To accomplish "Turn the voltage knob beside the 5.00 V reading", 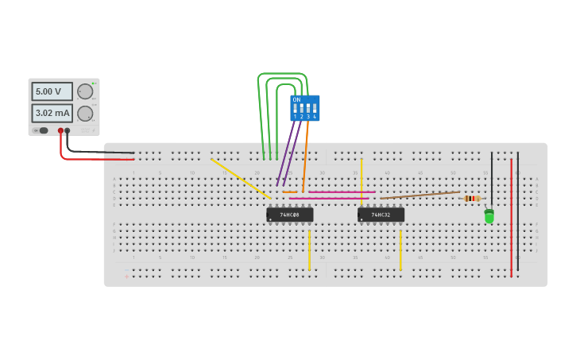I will (x=85, y=91).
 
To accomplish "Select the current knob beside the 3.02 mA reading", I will (x=85, y=113).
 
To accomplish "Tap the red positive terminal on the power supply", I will (x=60, y=130).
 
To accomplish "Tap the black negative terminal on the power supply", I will (x=68, y=130).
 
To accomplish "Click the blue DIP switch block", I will (x=305, y=107).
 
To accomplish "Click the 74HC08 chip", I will (x=290, y=215).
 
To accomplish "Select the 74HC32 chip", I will (x=381, y=215).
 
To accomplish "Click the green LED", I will (x=489, y=215).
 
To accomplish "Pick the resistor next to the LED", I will (x=472, y=198).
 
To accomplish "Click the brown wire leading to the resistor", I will (x=421, y=194).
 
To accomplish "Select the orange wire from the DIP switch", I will (x=306, y=151).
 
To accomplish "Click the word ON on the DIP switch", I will (x=296, y=99).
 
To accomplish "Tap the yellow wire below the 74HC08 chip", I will (x=309, y=250).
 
